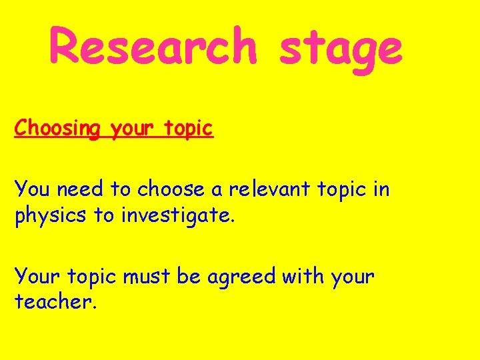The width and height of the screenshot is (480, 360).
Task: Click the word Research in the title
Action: click(153, 47)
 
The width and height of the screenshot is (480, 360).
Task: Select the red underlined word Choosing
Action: click(56, 128)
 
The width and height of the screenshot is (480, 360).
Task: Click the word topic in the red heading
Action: click(186, 128)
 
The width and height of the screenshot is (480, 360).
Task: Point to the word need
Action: click(81, 189)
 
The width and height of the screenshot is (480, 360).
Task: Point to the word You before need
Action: click(32, 189)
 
